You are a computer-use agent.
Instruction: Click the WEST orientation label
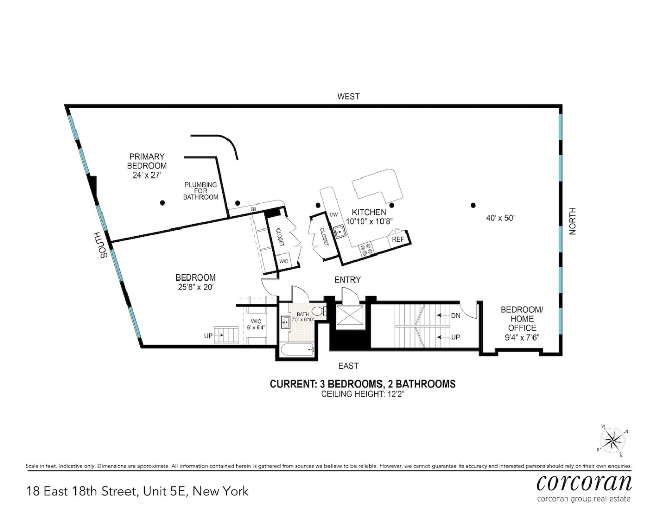pos(348,96)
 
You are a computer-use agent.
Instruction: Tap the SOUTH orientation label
pos(104,245)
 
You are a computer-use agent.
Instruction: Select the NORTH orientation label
pos(572,221)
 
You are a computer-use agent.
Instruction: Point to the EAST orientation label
pos(348,366)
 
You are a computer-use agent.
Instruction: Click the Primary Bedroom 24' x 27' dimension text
pos(146,175)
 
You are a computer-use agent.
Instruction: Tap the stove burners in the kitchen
pos(366,249)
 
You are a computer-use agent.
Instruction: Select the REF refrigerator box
pos(398,239)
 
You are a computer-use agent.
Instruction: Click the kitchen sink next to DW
pos(340,232)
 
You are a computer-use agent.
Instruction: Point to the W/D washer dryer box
pos(284,261)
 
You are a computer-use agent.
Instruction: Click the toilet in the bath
pos(319,311)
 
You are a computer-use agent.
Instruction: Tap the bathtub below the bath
pos(297,350)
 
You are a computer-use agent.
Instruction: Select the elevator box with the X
pos(349,317)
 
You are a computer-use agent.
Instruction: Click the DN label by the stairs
pos(455,315)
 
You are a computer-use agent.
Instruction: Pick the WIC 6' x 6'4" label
pos(256,324)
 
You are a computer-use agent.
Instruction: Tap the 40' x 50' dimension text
pos(500,218)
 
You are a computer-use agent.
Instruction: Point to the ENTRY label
pos(347,279)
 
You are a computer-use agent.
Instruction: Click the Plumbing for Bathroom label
pos(200,191)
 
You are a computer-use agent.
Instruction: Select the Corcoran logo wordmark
pos(584,483)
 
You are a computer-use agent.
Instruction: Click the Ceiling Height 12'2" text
pos(363,394)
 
